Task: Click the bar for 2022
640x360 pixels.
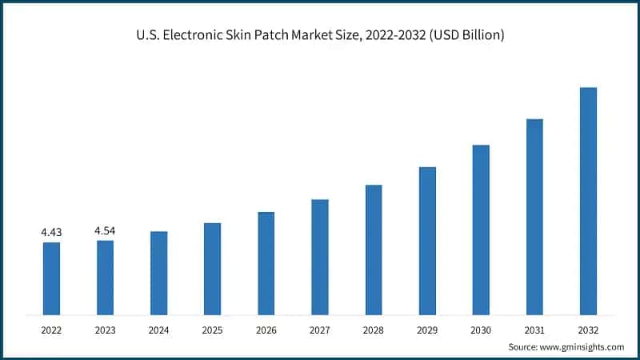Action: (x=51, y=278)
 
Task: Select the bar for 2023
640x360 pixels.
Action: (x=105, y=277)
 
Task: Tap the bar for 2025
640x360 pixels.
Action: (x=212, y=268)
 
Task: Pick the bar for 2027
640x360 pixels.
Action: (x=320, y=256)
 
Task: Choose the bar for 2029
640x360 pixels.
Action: (x=427, y=240)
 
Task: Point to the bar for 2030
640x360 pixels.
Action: (x=481, y=229)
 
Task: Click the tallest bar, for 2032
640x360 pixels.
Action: (x=588, y=200)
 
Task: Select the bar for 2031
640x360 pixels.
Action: (x=534, y=216)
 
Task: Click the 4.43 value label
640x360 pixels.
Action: (x=51, y=232)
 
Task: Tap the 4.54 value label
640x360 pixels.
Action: (x=105, y=230)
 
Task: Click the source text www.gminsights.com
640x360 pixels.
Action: (x=583, y=346)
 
